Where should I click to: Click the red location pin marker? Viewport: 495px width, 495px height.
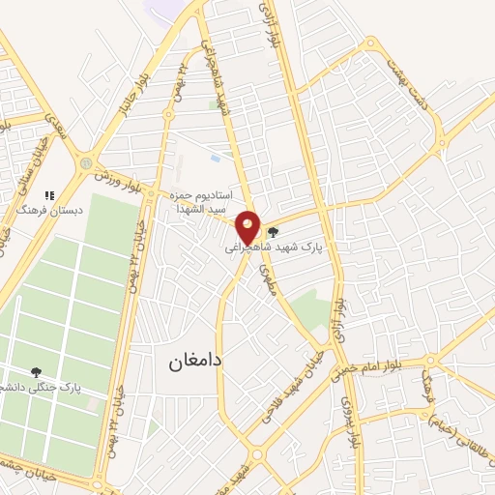click(248, 227)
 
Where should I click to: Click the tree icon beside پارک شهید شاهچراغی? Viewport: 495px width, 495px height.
click(273, 232)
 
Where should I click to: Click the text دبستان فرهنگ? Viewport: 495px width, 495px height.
click(51, 208)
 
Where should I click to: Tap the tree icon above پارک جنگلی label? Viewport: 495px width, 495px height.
click(37, 371)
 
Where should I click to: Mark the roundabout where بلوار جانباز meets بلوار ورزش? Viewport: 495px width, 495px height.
click(87, 163)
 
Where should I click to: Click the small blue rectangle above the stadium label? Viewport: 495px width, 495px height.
click(214, 157)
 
